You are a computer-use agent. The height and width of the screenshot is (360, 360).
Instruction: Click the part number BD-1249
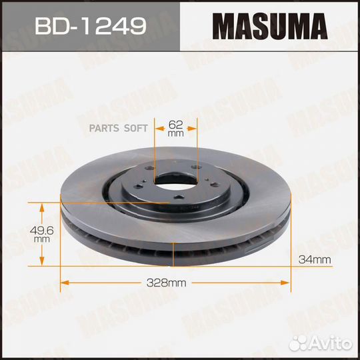click(90, 26)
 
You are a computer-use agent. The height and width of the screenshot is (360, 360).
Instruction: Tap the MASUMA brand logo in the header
click(269, 26)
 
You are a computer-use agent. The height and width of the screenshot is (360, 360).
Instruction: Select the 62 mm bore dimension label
click(175, 129)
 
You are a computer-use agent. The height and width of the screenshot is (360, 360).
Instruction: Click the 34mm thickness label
click(315, 260)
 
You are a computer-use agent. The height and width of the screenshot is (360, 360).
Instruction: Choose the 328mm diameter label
click(166, 283)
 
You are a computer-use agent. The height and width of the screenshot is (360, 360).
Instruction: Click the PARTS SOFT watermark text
click(118, 129)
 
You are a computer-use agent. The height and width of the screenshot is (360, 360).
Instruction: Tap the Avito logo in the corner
click(320, 343)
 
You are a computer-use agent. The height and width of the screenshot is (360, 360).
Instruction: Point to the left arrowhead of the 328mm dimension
click(65, 283)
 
